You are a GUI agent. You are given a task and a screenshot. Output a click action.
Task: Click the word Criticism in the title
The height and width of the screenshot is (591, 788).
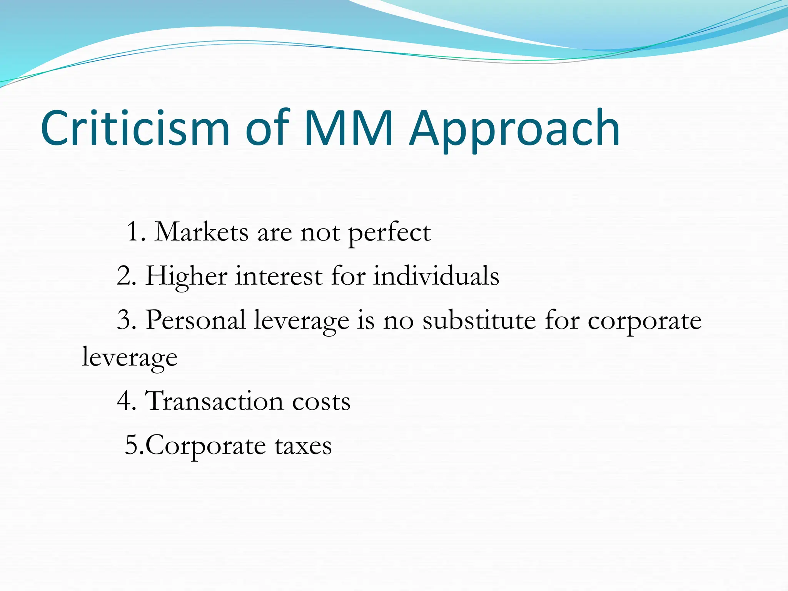click(135, 128)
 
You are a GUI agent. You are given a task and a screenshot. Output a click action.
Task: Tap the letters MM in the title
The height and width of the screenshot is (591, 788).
click(348, 128)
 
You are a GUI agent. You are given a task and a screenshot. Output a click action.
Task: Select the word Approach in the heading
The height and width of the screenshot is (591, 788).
click(514, 131)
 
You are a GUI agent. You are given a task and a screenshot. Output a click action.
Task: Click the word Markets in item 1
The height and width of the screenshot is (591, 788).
click(201, 232)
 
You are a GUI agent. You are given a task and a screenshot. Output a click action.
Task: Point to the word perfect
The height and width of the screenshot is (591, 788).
click(389, 234)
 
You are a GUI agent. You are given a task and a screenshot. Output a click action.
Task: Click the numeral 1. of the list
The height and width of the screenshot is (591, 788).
click(136, 232)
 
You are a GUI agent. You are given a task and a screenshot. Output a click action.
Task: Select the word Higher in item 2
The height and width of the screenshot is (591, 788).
click(186, 277)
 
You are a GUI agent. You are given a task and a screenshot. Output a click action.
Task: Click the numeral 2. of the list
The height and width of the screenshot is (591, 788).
click(127, 276)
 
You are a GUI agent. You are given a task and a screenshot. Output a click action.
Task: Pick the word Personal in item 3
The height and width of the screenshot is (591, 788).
click(195, 320)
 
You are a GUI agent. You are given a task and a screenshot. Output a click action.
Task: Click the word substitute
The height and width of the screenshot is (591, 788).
click(479, 320)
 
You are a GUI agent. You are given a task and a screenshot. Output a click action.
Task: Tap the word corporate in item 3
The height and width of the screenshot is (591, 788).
click(644, 322)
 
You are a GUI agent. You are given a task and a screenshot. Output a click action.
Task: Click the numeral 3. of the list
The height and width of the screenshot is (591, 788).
click(127, 320)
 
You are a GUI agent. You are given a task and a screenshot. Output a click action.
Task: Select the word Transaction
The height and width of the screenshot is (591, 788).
click(214, 401)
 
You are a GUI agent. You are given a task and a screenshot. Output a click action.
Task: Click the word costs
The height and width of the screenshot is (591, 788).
click(321, 402)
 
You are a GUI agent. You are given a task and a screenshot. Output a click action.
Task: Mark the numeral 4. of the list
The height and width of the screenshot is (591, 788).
click(127, 401)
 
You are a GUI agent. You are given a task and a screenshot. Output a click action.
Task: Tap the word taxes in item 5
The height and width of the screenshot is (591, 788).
click(303, 446)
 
